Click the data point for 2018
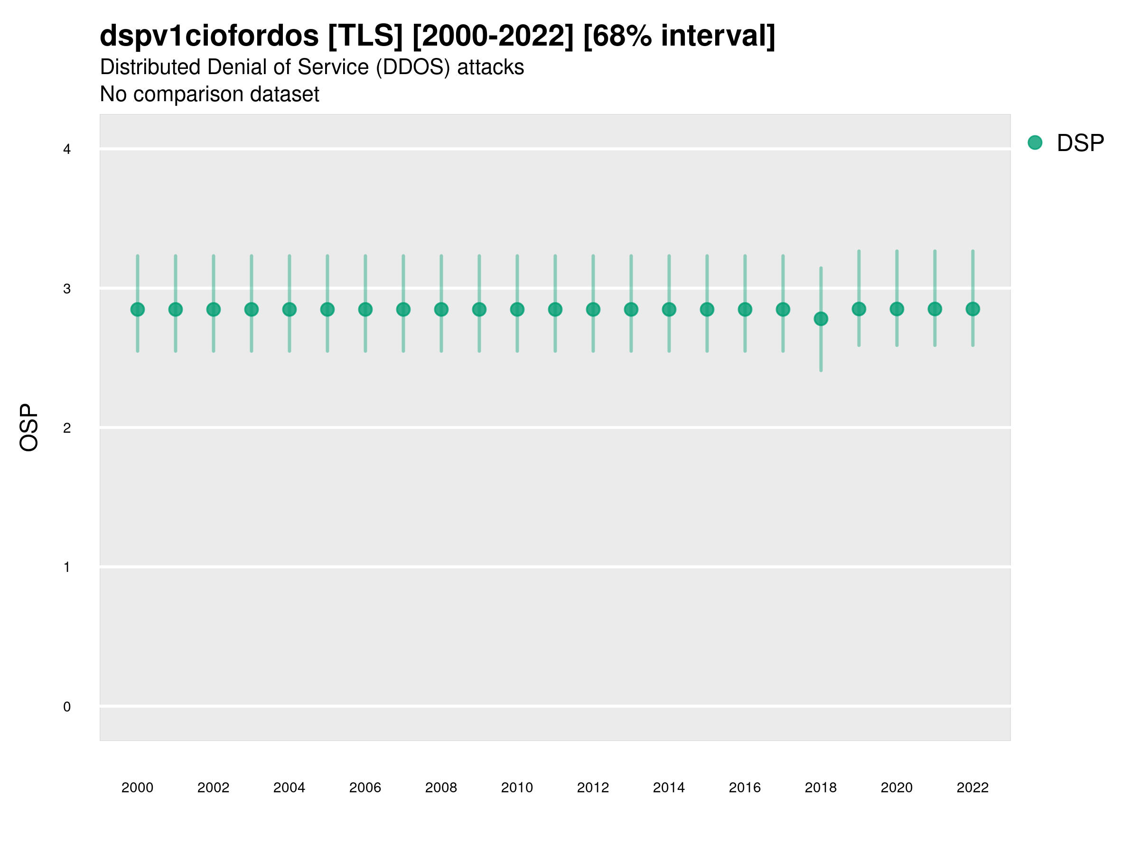[x=821, y=319]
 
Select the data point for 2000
[x=138, y=309]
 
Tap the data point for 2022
[x=973, y=309]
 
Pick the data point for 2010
[x=517, y=309]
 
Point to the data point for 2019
[x=859, y=309]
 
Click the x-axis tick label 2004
[x=289, y=788]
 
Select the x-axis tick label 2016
[x=745, y=788]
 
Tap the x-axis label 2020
[x=896, y=788]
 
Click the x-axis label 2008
[x=441, y=788]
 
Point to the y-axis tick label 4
[x=67, y=150]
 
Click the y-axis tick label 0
[x=67, y=707]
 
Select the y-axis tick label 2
[x=67, y=428]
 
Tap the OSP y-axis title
[x=29, y=428]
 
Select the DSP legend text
[x=1080, y=143]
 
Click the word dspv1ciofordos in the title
[x=209, y=36]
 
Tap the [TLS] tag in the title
[x=365, y=36]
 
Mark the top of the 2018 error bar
[x=821, y=267]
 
